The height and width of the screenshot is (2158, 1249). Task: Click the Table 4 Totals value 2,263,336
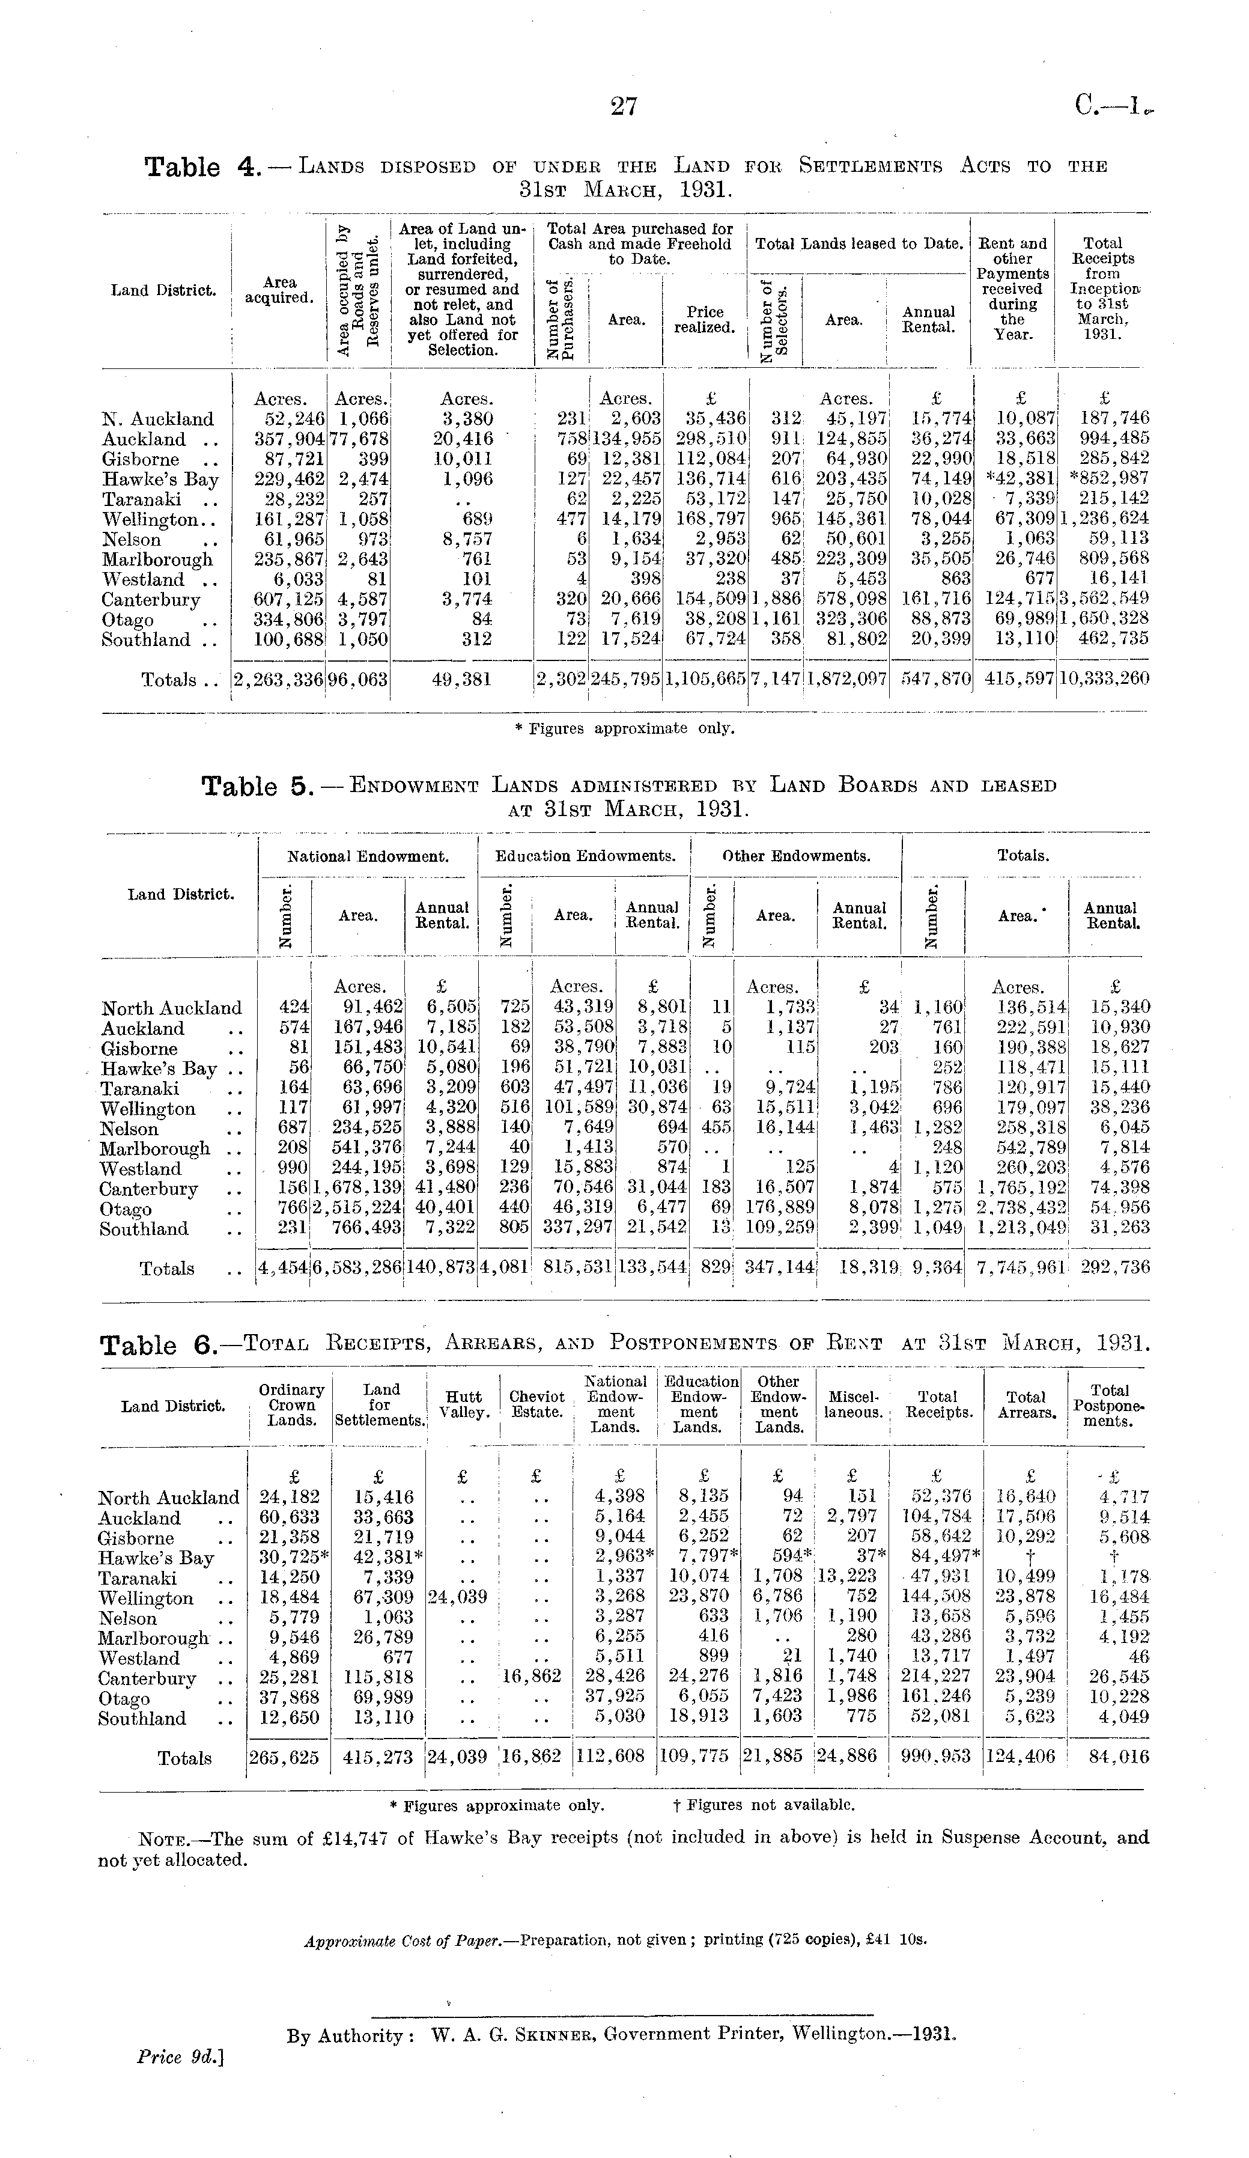click(278, 679)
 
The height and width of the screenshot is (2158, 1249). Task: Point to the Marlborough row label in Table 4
click(157, 559)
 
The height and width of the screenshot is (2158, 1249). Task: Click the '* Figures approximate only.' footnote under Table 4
click(624, 729)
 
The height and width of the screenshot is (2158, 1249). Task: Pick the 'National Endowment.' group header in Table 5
click(367, 856)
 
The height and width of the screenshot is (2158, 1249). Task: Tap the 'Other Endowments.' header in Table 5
click(796, 856)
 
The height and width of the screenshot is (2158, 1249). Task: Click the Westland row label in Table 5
click(141, 1168)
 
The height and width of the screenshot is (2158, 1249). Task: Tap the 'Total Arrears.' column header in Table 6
click(1026, 1404)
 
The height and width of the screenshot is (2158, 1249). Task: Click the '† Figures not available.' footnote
click(764, 1805)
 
